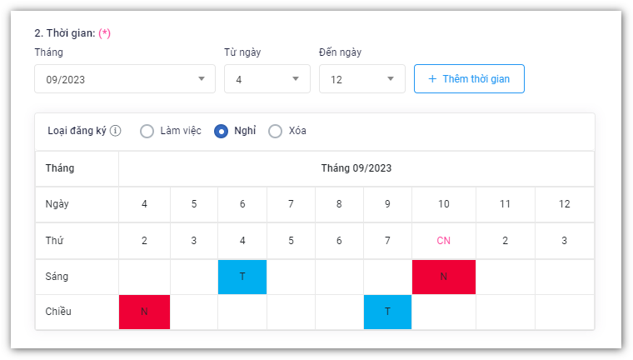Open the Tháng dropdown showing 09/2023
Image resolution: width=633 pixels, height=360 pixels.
click(x=124, y=79)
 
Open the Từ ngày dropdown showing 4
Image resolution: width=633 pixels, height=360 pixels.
click(x=267, y=79)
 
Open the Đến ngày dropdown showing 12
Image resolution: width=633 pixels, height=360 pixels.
click(x=361, y=79)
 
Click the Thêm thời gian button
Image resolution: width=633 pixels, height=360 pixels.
click(x=469, y=79)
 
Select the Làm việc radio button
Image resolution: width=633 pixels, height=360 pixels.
click(x=147, y=131)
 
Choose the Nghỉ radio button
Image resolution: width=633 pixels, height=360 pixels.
click(x=222, y=131)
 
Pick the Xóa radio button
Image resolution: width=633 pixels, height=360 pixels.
click(x=276, y=131)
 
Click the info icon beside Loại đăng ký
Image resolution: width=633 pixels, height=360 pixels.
click(x=116, y=131)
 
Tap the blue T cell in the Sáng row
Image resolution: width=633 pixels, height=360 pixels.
click(x=242, y=277)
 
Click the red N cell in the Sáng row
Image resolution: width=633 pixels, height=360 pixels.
click(x=443, y=277)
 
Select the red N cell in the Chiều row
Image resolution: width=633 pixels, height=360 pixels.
click(x=144, y=312)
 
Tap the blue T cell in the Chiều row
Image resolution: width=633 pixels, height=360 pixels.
click(x=387, y=312)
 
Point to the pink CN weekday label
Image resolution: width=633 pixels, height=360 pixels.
click(x=443, y=241)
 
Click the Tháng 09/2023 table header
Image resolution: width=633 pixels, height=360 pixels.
click(x=356, y=168)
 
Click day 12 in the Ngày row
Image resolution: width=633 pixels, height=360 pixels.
click(x=564, y=204)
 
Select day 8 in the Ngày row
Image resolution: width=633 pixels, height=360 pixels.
click(x=339, y=204)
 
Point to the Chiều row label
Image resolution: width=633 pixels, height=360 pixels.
click(x=58, y=312)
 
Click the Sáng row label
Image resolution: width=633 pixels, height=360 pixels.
click(x=57, y=277)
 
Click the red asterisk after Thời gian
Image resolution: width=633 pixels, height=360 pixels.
click(x=105, y=33)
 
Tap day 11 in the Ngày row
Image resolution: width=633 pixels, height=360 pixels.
click(x=505, y=204)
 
